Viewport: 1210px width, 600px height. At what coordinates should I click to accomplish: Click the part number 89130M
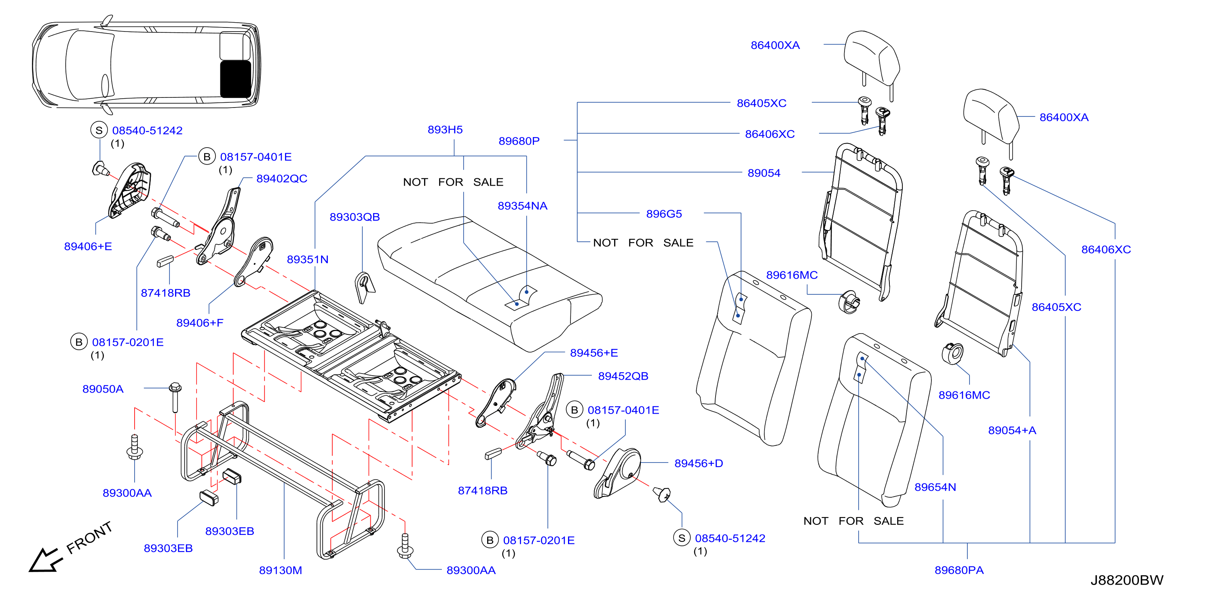pos(281,570)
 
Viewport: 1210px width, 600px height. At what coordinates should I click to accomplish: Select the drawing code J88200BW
pos(1126,580)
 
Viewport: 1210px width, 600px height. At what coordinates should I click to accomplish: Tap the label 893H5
pos(445,130)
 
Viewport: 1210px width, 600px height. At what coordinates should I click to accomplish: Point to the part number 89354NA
pos(522,206)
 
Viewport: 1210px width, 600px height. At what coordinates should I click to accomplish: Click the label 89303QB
pos(355,217)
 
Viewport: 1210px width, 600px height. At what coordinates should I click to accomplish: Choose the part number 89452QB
pos(623,376)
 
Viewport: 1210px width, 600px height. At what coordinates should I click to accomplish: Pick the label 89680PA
pos(959,570)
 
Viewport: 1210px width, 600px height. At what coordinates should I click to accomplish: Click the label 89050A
pos(103,389)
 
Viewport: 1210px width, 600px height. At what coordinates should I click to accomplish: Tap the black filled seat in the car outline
pos(236,79)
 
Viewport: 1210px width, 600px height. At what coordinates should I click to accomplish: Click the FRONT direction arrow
pos(46,560)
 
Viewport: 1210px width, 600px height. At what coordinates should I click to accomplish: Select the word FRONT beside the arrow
pos(89,538)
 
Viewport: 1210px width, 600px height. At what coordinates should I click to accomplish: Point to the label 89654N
pos(935,487)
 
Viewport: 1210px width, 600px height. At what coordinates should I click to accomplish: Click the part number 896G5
pos(664,214)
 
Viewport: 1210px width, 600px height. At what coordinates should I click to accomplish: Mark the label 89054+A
pos(1012,430)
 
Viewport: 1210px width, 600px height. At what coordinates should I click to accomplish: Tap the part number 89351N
pos(308,259)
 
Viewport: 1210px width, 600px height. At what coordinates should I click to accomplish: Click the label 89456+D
pos(699,463)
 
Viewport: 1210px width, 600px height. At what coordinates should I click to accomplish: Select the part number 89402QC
pos(282,179)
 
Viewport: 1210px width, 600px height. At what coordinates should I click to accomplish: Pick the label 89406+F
pos(200,323)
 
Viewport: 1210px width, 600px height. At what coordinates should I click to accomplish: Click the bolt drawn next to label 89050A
pos(175,397)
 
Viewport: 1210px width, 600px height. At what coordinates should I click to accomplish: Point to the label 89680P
pos(519,141)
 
